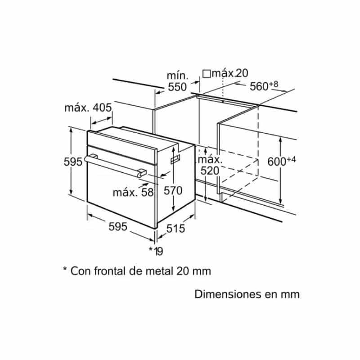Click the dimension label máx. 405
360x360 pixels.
88,108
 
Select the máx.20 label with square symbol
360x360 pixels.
225,73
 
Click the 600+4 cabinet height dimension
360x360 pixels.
281,161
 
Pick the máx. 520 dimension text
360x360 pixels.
210,165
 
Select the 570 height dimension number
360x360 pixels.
172,191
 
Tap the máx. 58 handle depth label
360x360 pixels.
133,193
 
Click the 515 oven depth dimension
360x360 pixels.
175,229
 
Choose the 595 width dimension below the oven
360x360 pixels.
118,227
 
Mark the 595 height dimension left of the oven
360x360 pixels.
73,162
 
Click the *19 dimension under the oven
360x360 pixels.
156,251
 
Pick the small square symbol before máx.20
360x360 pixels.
207,73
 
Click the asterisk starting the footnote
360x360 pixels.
65,270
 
